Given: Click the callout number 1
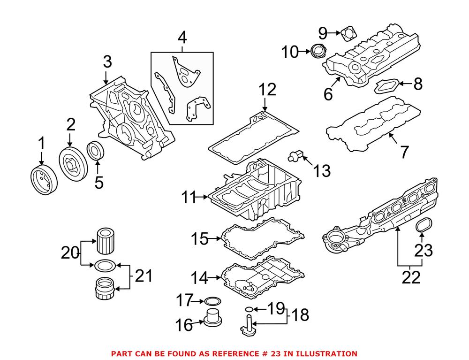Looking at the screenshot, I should coord(41,142).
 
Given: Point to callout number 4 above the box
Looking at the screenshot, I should coord(182,37).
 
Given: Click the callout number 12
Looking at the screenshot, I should coord(268,90).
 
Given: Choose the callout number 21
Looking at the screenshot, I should coord(143,276).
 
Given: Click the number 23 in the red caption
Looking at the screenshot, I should coord(260,353).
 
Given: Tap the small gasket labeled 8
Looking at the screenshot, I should coord(388,86).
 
